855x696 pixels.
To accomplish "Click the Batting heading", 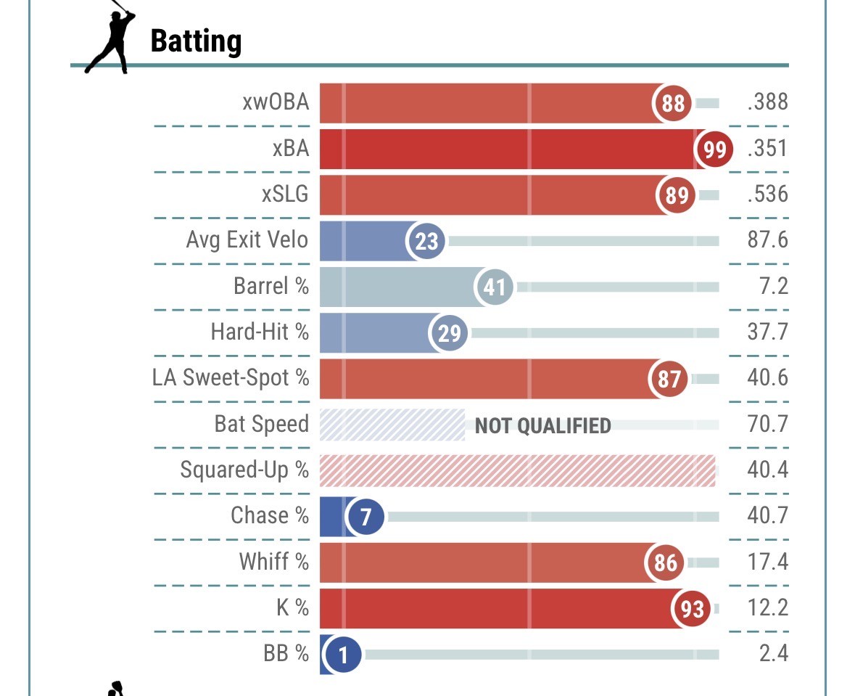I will tap(195, 41).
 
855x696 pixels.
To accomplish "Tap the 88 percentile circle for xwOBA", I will tap(673, 103).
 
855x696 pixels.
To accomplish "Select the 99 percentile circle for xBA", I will tap(714, 150).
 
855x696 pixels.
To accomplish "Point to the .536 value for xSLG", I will tap(767, 195).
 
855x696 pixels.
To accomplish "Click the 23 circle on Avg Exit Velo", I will tap(426, 240).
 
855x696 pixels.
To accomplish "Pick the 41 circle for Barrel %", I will tap(494, 287).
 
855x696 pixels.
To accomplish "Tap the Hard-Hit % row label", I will tap(260, 332).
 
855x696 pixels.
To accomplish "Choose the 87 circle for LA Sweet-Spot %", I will tap(669, 379).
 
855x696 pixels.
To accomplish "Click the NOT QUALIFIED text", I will tap(542, 425).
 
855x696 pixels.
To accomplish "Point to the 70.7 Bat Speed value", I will tap(767, 424).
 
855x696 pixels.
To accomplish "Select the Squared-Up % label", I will tap(244, 470).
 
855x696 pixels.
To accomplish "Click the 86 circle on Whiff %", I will tap(665, 562).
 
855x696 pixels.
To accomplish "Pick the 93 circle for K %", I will tap(692, 608).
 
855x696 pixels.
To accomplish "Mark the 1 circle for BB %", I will tap(344, 655).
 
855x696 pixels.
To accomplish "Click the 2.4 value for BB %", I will tap(773, 654).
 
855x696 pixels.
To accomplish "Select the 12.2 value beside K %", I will tap(767, 607).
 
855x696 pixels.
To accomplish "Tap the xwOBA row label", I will tap(276, 102).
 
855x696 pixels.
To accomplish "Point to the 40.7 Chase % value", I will tap(767, 516).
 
